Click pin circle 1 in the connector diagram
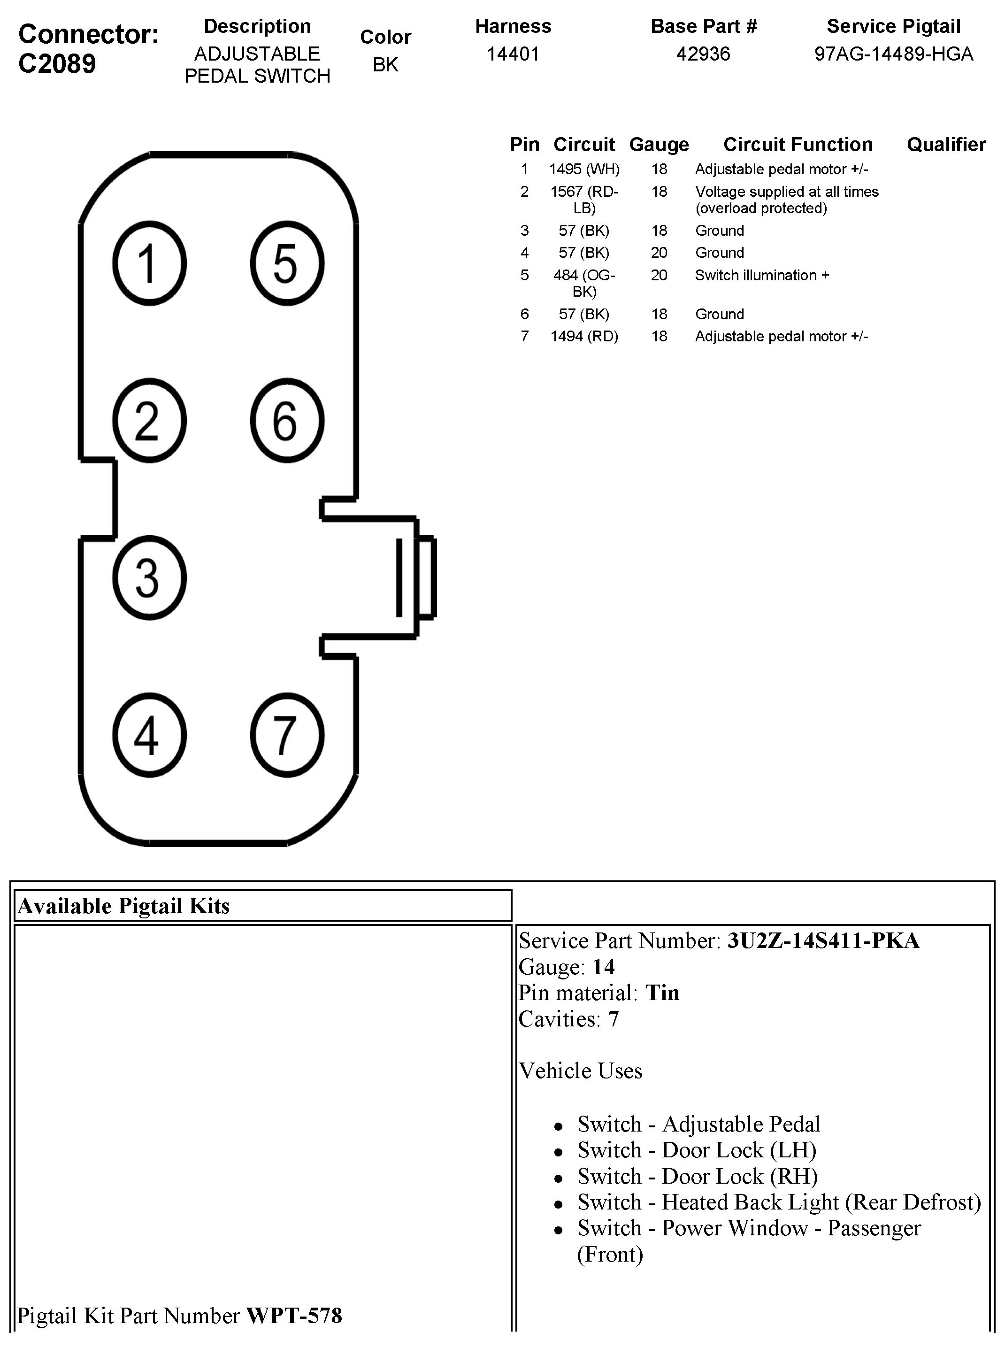[149, 263]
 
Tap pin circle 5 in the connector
[286, 263]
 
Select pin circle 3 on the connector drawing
[149, 578]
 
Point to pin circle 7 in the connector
[286, 735]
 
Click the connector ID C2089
[57, 63]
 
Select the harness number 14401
[513, 54]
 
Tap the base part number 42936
[703, 54]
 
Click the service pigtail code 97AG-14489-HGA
[893, 54]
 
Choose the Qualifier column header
[946, 144]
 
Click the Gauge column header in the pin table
[659, 144]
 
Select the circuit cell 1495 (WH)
[584, 169]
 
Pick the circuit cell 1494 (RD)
[584, 337]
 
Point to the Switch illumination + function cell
[762, 275]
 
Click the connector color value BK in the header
[385, 64]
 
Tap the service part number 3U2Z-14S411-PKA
[823, 941]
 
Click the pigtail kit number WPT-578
[294, 1316]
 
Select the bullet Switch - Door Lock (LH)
[697, 1150]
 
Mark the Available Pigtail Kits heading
[124, 906]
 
